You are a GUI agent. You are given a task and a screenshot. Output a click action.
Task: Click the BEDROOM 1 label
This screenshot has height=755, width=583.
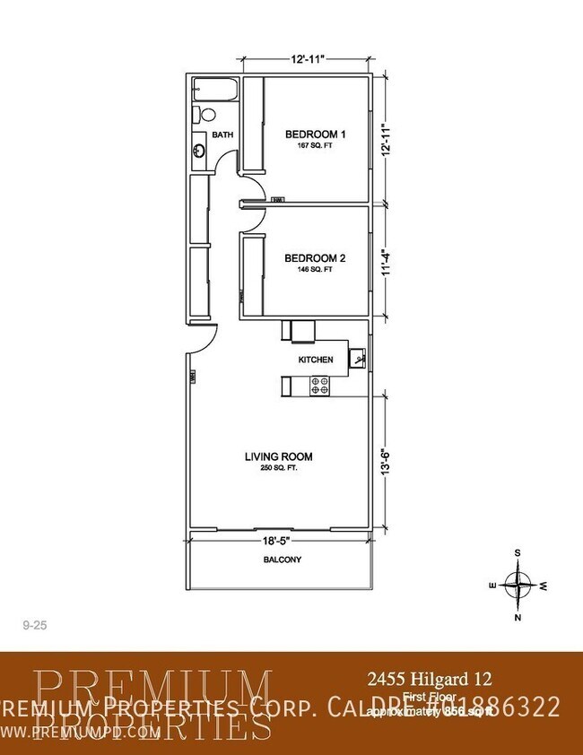(315, 135)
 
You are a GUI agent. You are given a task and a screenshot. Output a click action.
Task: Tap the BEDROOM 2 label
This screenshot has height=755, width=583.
(315, 258)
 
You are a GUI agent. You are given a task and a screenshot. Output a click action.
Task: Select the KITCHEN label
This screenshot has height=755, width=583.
(316, 360)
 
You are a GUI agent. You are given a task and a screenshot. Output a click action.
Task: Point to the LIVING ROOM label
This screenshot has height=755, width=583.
(278, 456)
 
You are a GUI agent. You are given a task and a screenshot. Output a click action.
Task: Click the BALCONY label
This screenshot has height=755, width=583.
(282, 560)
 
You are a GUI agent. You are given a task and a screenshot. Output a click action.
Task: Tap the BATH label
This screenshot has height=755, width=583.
(222, 135)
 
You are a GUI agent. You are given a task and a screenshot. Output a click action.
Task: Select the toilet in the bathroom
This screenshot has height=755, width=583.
(204, 115)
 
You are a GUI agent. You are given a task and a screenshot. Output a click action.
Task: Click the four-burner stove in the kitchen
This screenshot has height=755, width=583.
(320, 386)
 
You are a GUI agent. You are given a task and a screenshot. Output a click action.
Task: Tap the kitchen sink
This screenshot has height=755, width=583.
(357, 359)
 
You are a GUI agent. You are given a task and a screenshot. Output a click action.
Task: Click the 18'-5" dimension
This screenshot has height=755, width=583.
(279, 542)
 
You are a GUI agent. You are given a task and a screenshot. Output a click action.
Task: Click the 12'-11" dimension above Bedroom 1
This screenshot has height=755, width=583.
(306, 59)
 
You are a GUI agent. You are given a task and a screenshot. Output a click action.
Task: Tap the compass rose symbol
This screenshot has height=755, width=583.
(518, 584)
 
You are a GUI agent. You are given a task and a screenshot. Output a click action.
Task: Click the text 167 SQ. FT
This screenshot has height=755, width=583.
(315, 145)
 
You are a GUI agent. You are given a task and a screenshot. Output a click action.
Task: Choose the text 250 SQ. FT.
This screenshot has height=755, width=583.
(278, 468)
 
